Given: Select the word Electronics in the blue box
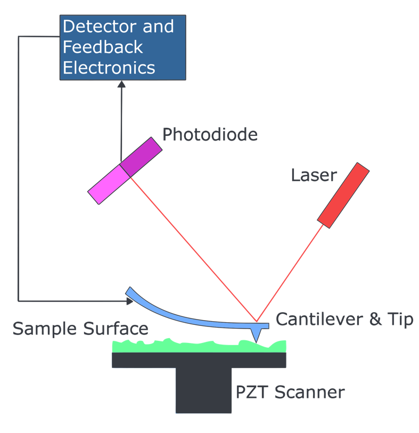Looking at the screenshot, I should click(x=109, y=68).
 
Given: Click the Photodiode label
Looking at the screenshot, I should click(x=210, y=135).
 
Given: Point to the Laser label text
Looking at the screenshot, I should click(x=314, y=175).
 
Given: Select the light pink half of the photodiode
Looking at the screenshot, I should click(x=109, y=184).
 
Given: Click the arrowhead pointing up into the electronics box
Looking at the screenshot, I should click(x=121, y=84).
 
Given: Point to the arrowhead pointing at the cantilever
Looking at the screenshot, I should click(x=129, y=301).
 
